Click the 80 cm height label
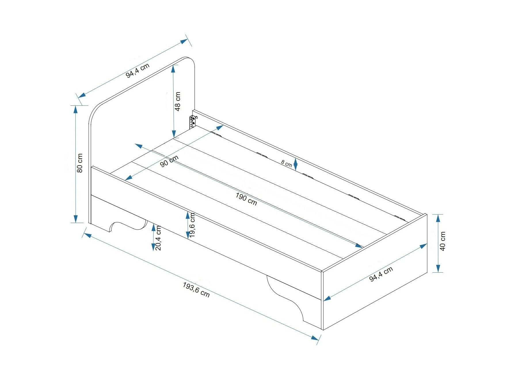(80, 163)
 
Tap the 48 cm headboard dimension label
(178, 101)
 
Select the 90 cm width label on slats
(169, 161)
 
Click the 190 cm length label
(246, 199)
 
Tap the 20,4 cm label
(158, 238)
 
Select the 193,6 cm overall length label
(196, 289)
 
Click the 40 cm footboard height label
(443, 241)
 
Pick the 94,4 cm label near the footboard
(381, 274)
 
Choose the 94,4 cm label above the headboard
(138, 71)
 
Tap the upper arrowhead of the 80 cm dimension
(75, 109)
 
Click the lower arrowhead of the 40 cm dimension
(438, 269)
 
